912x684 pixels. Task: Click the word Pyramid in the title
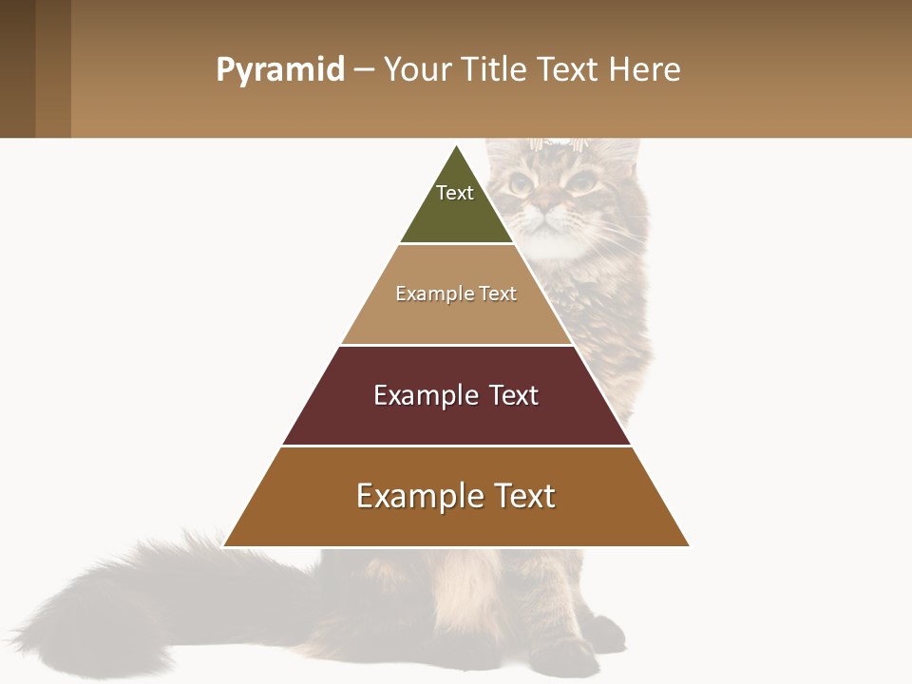coord(279,70)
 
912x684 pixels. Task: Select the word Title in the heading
coord(497,70)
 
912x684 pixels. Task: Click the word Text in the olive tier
coord(455,193)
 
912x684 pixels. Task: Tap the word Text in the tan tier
coord(498,294)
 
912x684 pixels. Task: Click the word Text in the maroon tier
coord(514,395)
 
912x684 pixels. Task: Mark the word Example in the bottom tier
coord(408,496)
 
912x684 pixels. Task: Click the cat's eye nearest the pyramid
coord(520,181)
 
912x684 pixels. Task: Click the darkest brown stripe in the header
coord(17,68)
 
